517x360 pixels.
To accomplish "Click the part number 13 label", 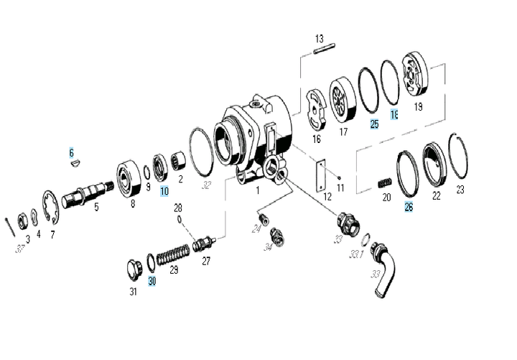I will click(x=320, y=38).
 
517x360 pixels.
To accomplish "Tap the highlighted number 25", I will click(x=374, y=124).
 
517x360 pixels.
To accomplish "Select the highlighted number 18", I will click(x=394, y=115).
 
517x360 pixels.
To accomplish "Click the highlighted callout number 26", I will click(x=409, y=207).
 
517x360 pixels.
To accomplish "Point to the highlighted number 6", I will click(x=71, y=152).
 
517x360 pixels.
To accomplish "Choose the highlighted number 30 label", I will click(x=152, y=281).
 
